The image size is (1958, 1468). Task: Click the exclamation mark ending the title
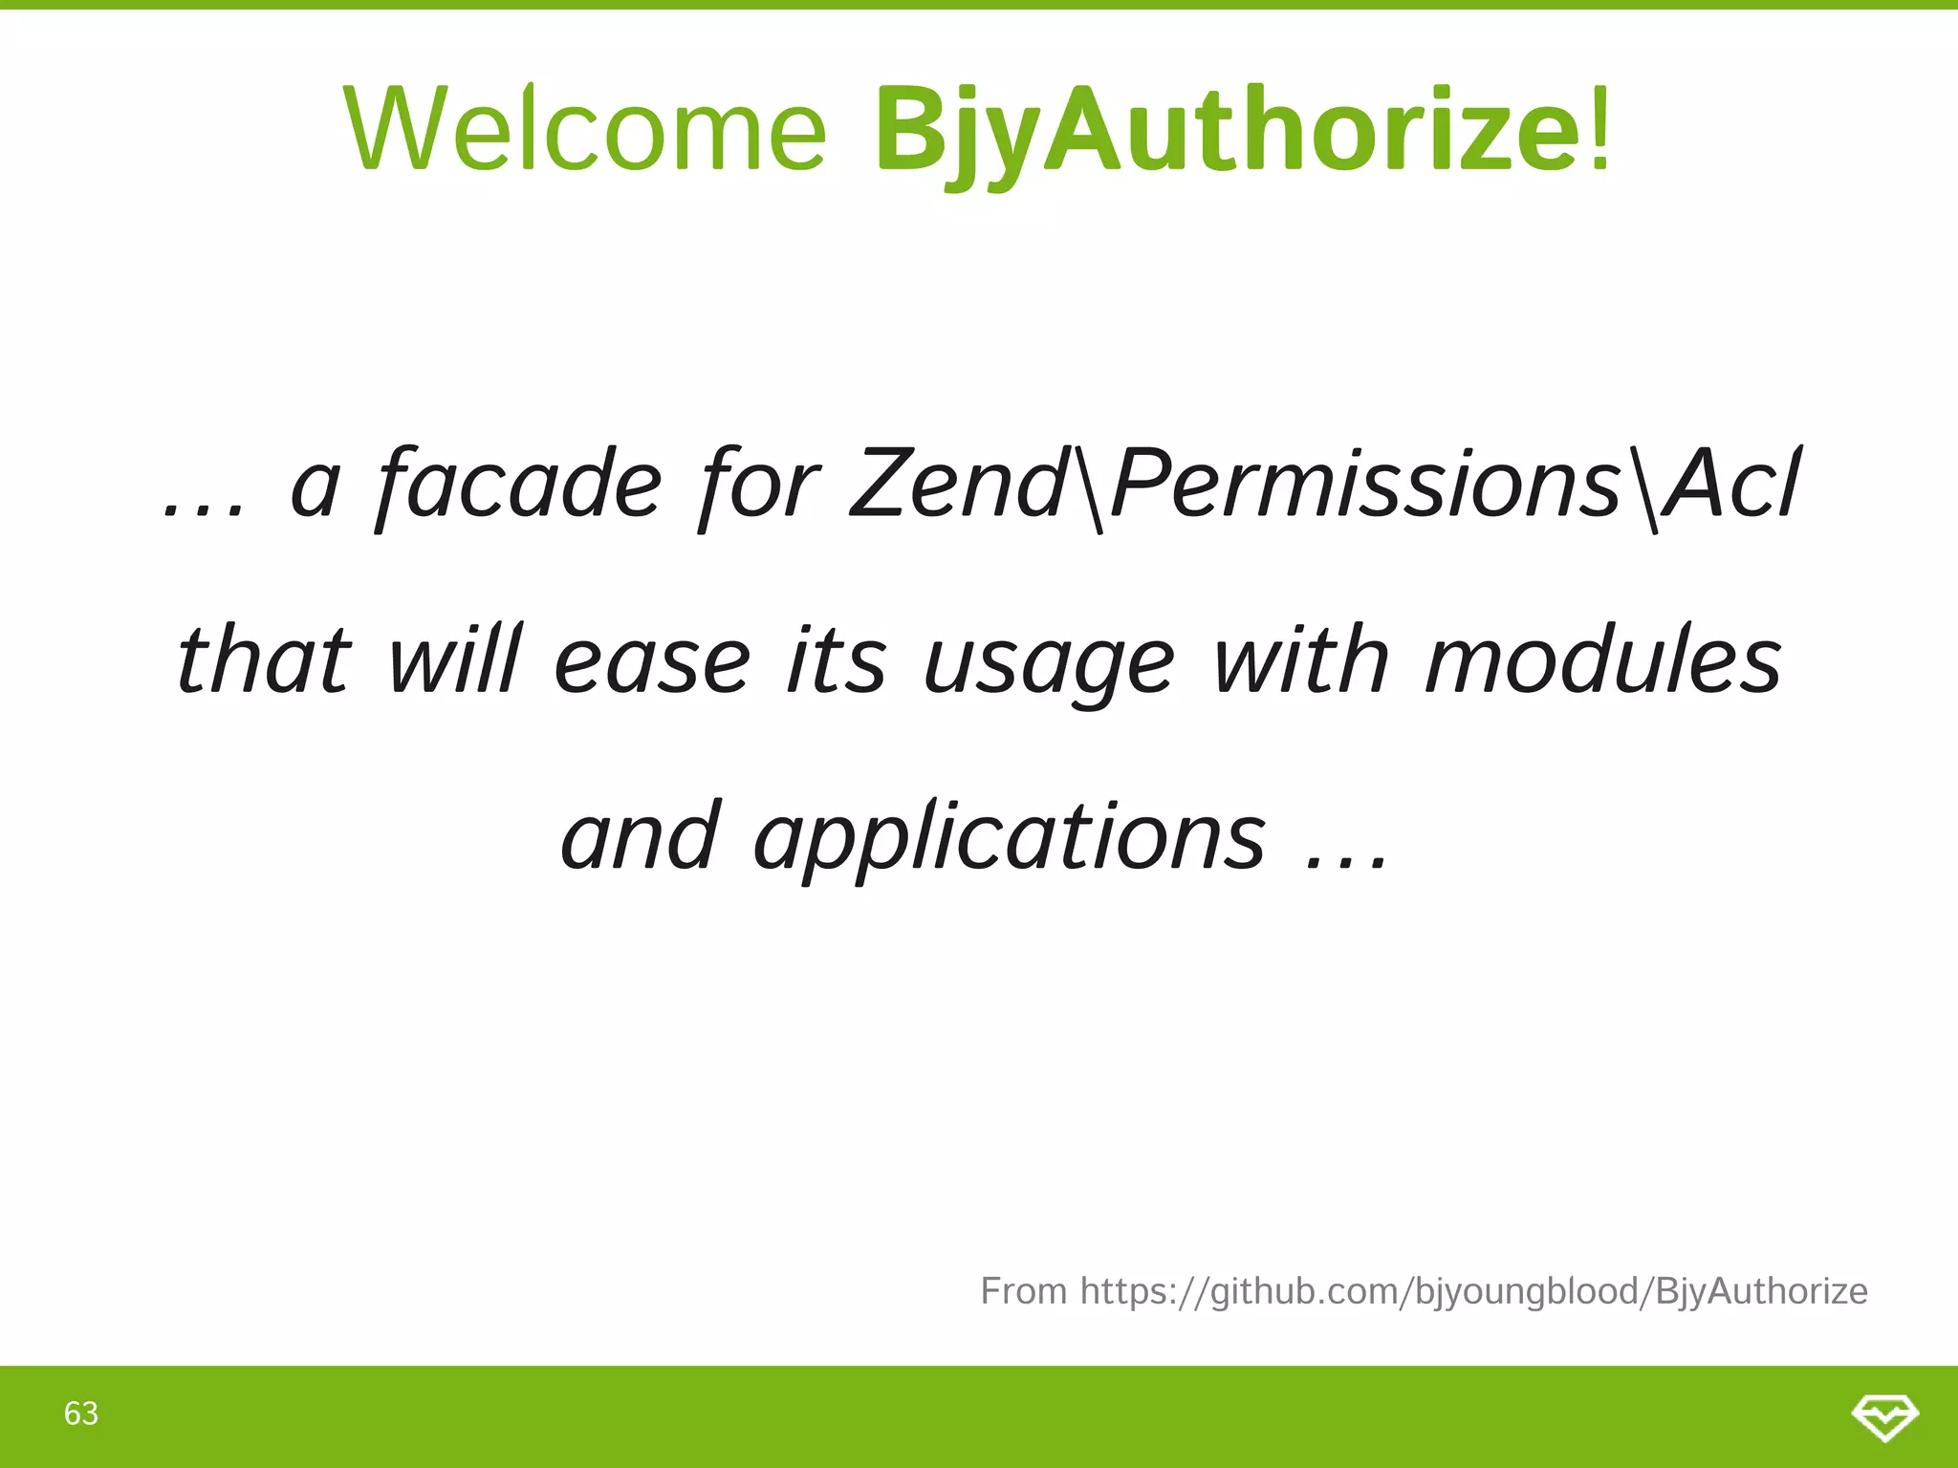click(1599, 129)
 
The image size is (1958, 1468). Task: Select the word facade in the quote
click(519, 485)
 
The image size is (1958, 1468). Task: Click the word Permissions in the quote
click(1367, 485)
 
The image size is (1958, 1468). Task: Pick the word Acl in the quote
click(1730, 485)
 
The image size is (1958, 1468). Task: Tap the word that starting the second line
click(264, 659)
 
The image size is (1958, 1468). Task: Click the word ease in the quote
click(652, 661)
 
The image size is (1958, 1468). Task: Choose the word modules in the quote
click(1602, 659)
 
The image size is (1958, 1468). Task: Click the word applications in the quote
click(1010, 837)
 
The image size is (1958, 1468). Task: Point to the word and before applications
click(639, 835)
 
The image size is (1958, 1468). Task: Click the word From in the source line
click(1023, 1291)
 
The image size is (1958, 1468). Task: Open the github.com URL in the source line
click(1473, 1291)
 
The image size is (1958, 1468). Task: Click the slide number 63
click(81, 1414)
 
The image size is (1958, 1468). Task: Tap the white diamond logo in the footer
click(1884, 1416)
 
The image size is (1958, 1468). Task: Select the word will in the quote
click(454, 659)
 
